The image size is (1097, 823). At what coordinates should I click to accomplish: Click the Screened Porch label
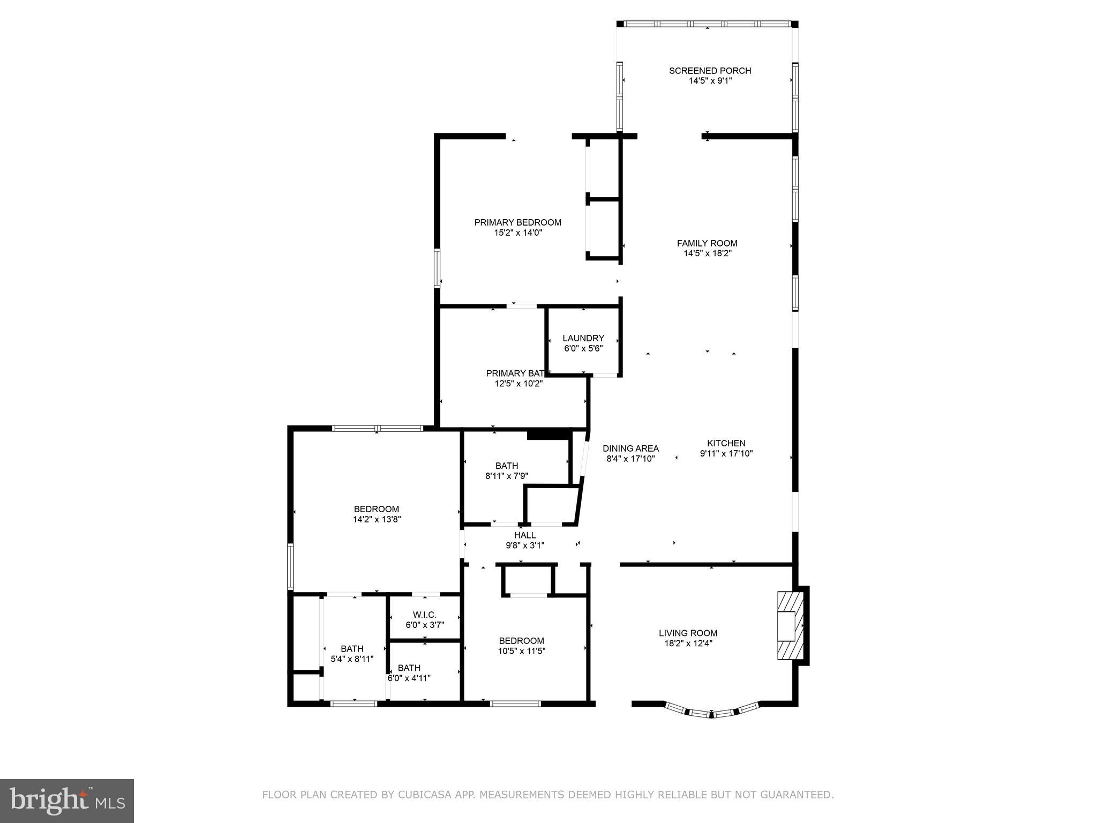coord(710,71)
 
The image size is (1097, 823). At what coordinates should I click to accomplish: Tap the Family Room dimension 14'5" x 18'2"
coord(707,253)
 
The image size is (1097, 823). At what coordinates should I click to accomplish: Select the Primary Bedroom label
coord(517,222)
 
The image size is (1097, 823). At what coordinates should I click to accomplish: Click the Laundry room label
coord(583,338)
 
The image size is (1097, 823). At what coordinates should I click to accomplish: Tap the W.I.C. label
coord(424,615)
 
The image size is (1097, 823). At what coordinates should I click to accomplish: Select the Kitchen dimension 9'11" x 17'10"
coord(726,453)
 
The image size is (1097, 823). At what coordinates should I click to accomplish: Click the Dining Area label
coord(630,448)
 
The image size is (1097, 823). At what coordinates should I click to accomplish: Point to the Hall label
coord(524,535)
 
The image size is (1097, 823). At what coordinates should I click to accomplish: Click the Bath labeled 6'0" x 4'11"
coord(409,668)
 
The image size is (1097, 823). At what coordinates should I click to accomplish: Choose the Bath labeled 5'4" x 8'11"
coord(352,649)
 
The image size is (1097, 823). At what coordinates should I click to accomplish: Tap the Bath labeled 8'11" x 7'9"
coord(506,466)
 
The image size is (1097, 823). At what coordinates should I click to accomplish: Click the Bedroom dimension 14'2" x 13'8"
coord(377,519)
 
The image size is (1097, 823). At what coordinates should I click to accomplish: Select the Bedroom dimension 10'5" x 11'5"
coord(521,651)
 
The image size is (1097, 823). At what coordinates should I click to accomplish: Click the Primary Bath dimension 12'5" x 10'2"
coord(519,384)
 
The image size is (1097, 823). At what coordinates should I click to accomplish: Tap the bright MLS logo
coord(66,800)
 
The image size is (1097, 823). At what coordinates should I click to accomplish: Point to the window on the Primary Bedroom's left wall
coord(437,268)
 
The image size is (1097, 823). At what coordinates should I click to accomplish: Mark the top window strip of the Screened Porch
coord(707,24)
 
